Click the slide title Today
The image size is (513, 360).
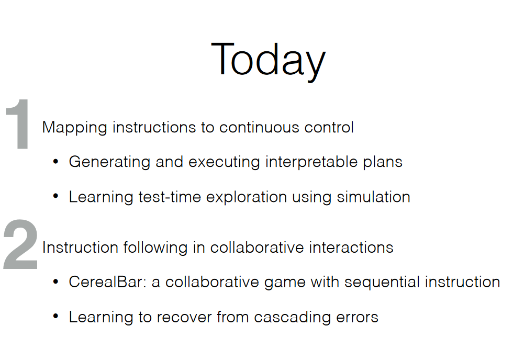point(268,61)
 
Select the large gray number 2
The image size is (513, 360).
point(20,244)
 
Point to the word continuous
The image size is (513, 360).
point(259,127)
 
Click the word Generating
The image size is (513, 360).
point(109,162)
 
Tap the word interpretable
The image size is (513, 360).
point(311,162)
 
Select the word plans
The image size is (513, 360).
point(383,162)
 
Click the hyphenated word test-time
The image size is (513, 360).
point(170,197)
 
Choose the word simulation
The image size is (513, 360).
point(373,197)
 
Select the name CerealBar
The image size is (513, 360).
point(107,282)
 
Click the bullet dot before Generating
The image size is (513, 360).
point(55,161)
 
